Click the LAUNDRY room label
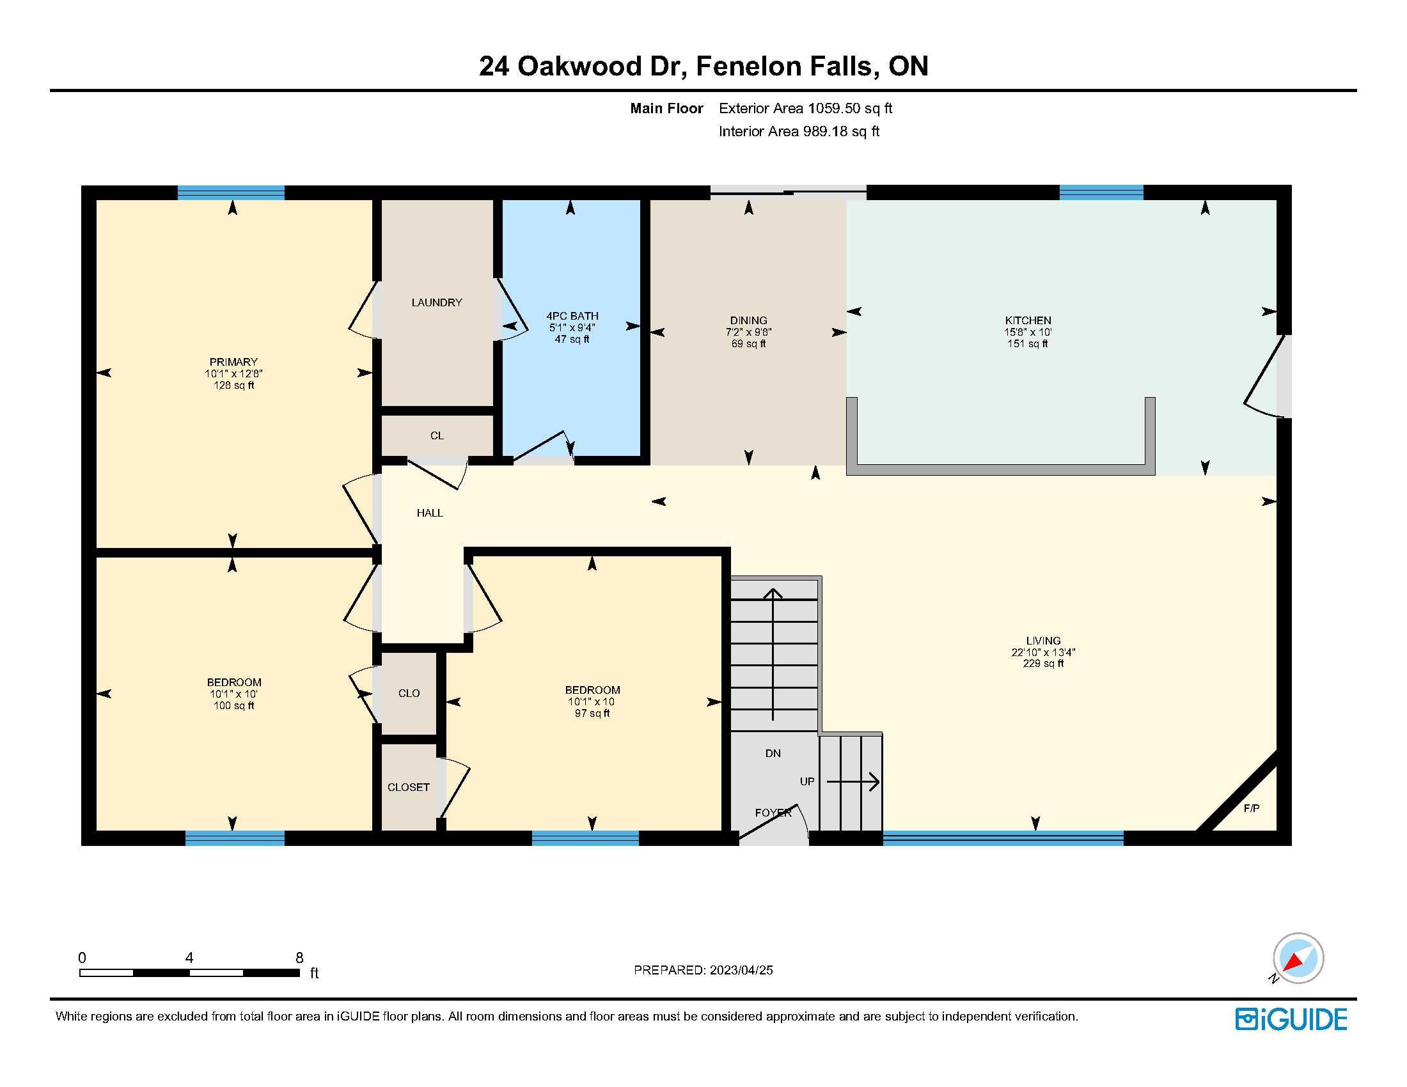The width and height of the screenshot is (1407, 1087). coord(437,302)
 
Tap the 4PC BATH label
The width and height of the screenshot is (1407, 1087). coord(572,316)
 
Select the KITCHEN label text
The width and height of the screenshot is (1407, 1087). coord(1028,321)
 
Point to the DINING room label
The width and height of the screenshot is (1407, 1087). coord(749,321)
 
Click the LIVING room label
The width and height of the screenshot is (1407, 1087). coord(1044,641)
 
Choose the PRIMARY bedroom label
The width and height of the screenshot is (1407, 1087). coord(233,362)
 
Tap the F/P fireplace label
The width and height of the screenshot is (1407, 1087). coord(1252,808)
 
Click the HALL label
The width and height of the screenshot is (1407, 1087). coord(430,513)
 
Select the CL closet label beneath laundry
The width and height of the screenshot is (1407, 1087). coord(437,436)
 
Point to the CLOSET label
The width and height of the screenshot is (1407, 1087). coord(409,788)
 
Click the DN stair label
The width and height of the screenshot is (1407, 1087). coord(773,753)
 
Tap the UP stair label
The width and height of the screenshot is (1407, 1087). coord(807,782)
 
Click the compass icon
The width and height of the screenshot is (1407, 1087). coord(1298,958)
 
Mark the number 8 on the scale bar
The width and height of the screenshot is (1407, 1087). coord(299,958)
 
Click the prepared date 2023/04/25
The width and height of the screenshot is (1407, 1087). coord(741,971)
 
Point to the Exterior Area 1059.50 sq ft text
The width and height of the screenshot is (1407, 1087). coord(805,108)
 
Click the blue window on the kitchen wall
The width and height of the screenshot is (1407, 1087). coord(1102,192)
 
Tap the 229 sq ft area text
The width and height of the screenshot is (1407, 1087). coord(1044,664)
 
